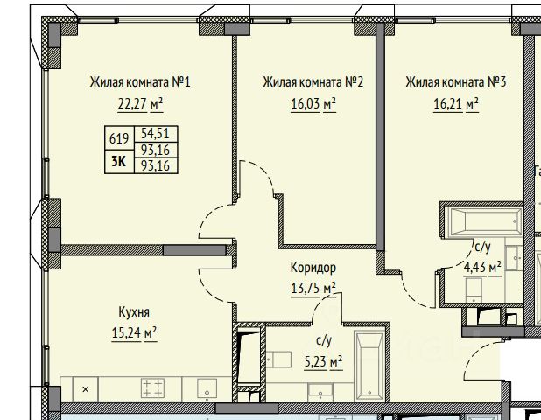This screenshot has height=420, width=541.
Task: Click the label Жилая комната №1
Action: pyautogui.click(x=140, y=82)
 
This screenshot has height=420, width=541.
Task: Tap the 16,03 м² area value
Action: pyautogui.click(x=313, y=103)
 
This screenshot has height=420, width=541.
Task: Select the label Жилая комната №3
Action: pyautogui.click(x=456, y=82)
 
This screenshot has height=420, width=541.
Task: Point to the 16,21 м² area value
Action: pyautogui.click(x=456, y=103)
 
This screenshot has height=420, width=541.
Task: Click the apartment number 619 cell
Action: pyautogui.click(x=119, y=138)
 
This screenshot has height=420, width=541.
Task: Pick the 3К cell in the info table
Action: pyautogui.click(x=119, y=161)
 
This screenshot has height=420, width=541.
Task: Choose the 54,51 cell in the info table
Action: pyautogui.click(x=156, y=134)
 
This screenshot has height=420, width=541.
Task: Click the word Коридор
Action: pyautogui.click(x=313, y=268)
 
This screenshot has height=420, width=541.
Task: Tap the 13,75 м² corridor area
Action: pyautogui.click(x=313, y=288)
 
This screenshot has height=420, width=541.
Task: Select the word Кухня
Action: pyautogui.click(x=134, y=312)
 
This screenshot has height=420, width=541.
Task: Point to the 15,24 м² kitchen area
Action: pyautogui.click(x=134, y=333)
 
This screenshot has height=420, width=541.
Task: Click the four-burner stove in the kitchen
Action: pyautogui.click(x=152, y=388)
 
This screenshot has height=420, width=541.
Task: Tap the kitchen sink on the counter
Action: pyautogui.click(x=207, y=388)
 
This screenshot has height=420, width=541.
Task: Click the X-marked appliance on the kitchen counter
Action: pyautogui.click(x=85, y=389)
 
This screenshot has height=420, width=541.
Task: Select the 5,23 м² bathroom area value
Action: pyautogui.click(x=323, y=362)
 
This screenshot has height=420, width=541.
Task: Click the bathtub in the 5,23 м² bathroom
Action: pyautogui.click(x=369, y=366)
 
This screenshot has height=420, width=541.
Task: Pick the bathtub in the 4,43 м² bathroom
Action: pyautogui.click(x=483, y=222)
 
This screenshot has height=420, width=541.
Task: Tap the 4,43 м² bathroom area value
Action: pyautogui.click(x=482, y=268)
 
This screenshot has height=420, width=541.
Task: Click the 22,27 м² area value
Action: pyautogui.click(x=140, y=103)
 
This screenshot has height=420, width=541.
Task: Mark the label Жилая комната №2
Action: pyautogui.click(x=313, y=82)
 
